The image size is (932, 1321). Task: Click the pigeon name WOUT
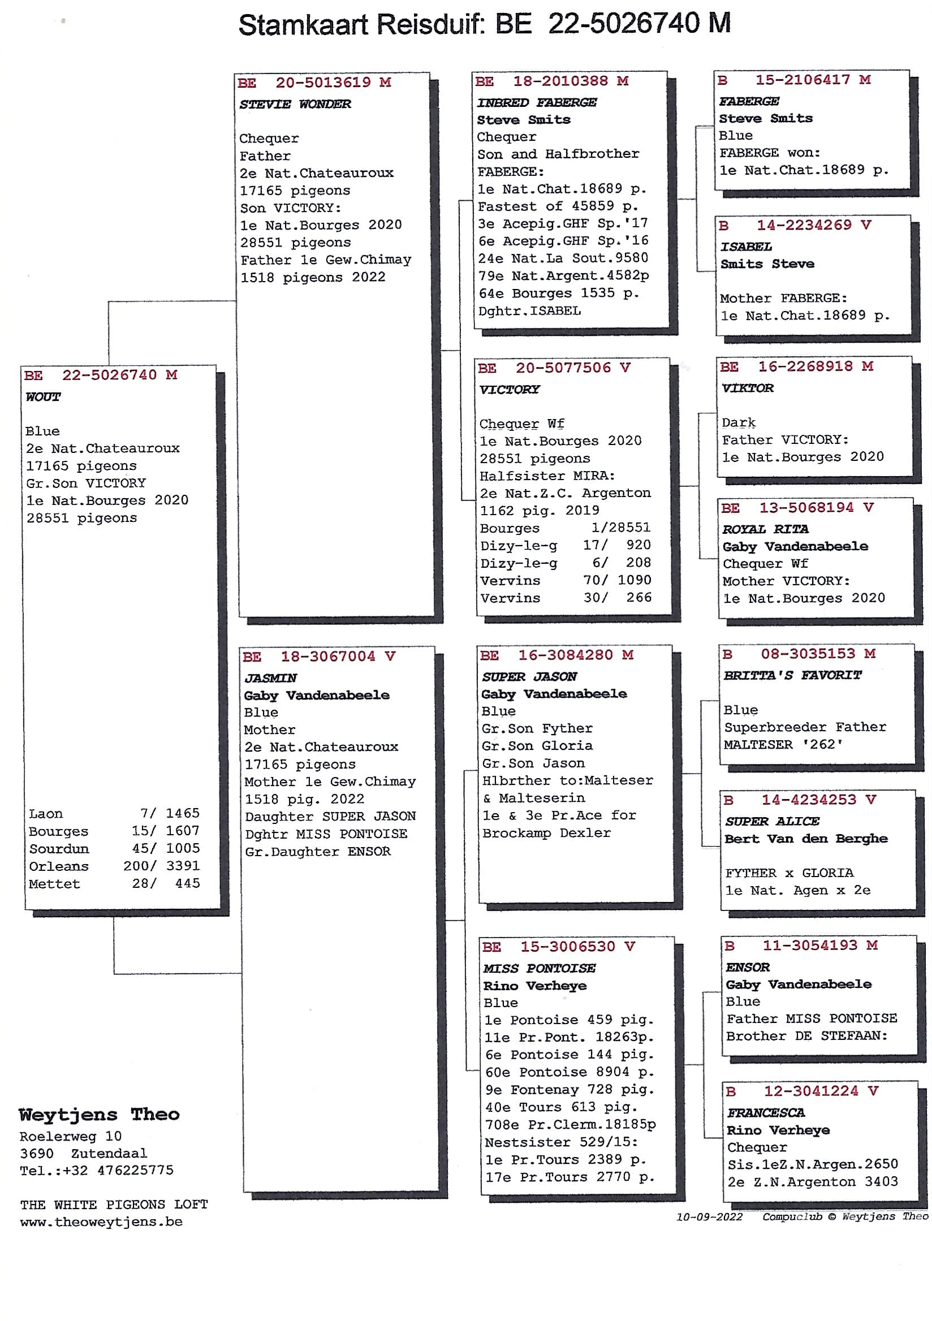(43, 396)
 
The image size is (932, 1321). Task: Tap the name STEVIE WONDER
(295, 104)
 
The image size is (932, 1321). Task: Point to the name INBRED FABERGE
(537, 102)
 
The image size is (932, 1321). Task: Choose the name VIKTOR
(747, 388)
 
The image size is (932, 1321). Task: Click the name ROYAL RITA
(765, 529)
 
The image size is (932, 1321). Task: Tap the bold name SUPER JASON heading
(529, 676)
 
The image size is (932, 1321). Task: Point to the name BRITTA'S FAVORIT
(792, 675)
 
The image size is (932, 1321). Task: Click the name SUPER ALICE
(772, 821)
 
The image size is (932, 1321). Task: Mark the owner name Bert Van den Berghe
(806, 838)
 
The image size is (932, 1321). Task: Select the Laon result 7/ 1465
(170, 813)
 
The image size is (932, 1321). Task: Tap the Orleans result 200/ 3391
(162, 866)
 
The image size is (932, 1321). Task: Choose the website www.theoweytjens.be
(101, 1221)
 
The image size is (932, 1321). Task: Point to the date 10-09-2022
(709, 1217)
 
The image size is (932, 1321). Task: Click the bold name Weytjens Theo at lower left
(99, 1115)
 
